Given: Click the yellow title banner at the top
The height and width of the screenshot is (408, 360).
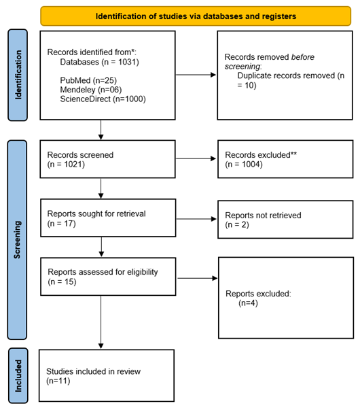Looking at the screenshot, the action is pos(196,16).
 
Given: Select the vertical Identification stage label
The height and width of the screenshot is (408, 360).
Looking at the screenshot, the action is pos(18,75).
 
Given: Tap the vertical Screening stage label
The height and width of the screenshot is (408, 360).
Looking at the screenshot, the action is pos(17,239).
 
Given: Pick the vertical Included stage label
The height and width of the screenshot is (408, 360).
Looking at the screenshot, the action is pos(18,376).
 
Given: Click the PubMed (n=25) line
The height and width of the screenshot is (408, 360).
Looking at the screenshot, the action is pos(88,80).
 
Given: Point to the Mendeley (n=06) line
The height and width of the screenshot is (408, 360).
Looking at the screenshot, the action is pos(91,90).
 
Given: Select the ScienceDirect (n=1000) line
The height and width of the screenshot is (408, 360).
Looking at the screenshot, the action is pos(103,99).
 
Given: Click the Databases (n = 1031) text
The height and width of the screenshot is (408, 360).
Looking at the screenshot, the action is pos(99,62).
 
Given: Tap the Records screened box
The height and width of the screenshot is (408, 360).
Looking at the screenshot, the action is pos(107,159).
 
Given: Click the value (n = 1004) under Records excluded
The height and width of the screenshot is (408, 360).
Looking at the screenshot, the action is pos(244,165).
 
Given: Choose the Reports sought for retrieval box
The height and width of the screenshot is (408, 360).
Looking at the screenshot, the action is pos(108,218).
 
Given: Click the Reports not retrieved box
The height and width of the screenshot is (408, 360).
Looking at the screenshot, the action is pos(285,220).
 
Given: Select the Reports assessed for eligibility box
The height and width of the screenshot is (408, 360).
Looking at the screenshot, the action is pos(108,277).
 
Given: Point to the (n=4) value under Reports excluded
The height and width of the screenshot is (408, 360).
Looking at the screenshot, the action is pos(248,303).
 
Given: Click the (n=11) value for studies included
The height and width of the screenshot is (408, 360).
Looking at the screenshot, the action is pos(58,381).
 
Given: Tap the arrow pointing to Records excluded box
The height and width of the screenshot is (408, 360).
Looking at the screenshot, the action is pos(196,158).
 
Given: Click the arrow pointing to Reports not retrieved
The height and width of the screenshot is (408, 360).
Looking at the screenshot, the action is pos(196,219).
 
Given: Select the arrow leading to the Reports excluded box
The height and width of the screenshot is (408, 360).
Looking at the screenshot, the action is pos(197,278).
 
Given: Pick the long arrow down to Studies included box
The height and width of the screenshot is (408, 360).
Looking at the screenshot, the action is pos(101,322).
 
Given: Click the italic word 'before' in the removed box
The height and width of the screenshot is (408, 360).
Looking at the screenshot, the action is pos(303,57).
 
